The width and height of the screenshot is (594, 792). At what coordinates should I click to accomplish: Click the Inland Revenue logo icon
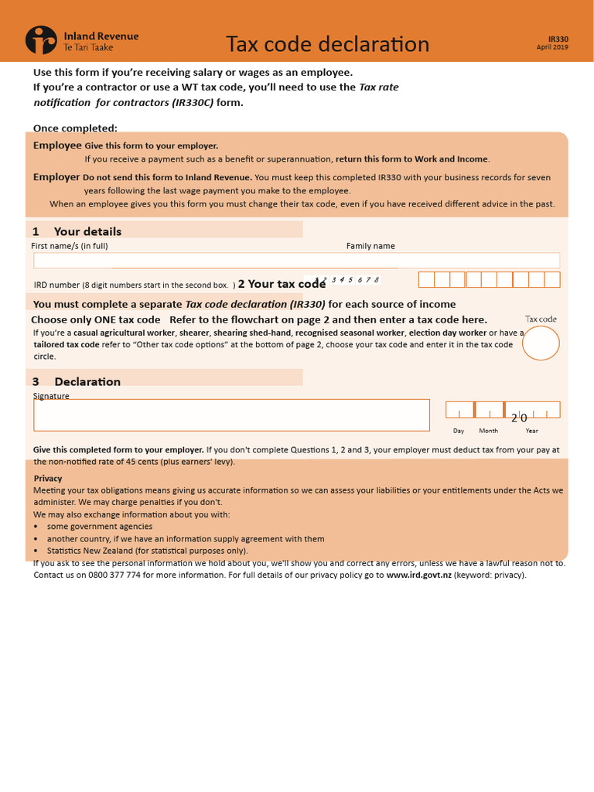click(x=41, y=40)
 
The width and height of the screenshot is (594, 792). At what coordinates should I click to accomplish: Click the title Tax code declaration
click(x=327, y=44)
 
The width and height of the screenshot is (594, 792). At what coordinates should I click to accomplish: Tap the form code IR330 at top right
click(x=558, y=39)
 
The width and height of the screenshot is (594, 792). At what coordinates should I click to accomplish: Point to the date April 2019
click(x=552, y=47)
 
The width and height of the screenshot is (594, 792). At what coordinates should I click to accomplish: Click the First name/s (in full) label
click(x=70, y=246)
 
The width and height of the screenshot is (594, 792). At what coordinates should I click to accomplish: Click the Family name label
click(x=370, y=246)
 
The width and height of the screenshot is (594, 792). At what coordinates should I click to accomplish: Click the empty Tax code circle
click(x=541, y=343)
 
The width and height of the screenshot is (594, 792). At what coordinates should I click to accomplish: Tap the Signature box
click(x=231, y=415)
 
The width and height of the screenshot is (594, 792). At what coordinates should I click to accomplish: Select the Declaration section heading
click(x=87, y=381)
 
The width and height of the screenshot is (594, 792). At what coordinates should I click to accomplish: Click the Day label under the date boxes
click(x=459, y=431)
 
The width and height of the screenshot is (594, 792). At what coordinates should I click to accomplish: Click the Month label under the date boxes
click(x=488, y=431)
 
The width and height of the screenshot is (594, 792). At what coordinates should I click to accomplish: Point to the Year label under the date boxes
click(x=531, y=431)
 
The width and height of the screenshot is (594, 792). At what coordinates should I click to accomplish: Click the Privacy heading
click(x=48, y=478)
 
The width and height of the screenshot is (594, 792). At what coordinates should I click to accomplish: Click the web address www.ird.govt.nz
click(x=418, y=575)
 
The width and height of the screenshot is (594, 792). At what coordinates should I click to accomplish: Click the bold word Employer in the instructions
click(x=56, y=177)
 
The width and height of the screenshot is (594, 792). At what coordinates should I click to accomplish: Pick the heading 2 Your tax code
click(x=282, y=284)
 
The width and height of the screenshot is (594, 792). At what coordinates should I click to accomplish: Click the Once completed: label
click(x=75, y=128)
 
